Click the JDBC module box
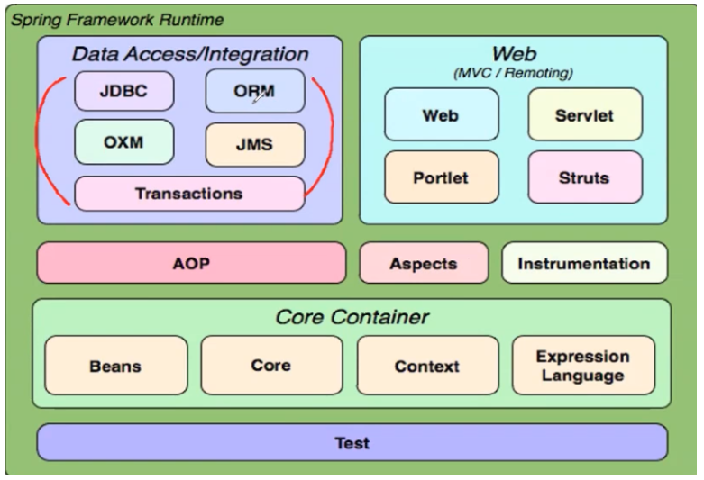[x=123, y=91]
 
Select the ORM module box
[x=255, y=91]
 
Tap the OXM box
[x=123, y=142]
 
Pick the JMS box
[x=255, y=144]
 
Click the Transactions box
[x=189, y=194]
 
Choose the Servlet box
[x=585, y=115]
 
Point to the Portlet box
[x=442, y=177]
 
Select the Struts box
[x=585, y=177]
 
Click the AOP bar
[x=191, y=263]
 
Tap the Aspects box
[x=424, y=263]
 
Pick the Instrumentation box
[x=585, y=263]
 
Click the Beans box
[x=116, y=366]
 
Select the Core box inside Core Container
[x=271, y=366]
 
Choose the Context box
[x=427, y=366]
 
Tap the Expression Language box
[x=583, y=366]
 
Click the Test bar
[x=352, y=442]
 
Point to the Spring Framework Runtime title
[x=117, y=20]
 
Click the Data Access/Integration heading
[x=190, y=54]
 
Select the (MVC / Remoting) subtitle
[x=513, y=73]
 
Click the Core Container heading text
[x=352, y=317]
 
